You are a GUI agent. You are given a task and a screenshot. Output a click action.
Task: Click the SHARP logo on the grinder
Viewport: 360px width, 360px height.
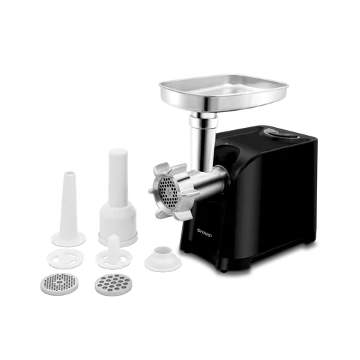[x=204, y=233]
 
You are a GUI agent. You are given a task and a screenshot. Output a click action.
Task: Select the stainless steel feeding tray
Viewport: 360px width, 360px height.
[x=224, y=94]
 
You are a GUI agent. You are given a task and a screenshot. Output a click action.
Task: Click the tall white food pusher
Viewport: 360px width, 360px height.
[x=118, y=198]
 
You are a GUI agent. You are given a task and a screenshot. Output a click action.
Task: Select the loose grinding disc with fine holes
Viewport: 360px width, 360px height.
[x=59, y=284]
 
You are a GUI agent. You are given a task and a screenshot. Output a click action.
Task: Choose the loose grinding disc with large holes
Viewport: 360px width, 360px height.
[x=113, y=285]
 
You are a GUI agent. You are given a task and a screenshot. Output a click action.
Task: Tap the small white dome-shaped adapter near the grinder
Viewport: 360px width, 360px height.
[x=163, y=259]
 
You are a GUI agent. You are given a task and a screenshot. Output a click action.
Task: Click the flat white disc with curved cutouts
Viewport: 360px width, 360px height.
[x=65, y=259]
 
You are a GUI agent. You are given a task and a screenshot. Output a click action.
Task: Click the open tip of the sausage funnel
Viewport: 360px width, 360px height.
[x=69, y=172]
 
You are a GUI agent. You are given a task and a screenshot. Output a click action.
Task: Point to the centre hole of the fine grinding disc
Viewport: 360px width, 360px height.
[x=60, y=283]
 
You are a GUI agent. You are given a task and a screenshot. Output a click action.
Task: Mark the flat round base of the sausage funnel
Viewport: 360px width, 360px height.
[x=69, y=239]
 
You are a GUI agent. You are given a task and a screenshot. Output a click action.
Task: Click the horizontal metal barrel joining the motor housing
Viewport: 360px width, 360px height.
[x=209, y=180]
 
